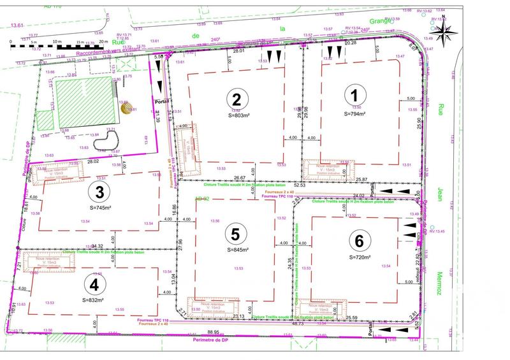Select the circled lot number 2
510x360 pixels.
[237, 99]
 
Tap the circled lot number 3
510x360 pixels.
[98, 191]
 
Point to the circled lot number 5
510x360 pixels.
[235, 234]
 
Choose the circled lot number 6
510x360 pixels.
[360, 241]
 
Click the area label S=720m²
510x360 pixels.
[361, 257]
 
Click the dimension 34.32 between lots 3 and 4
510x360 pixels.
[98, 245]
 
